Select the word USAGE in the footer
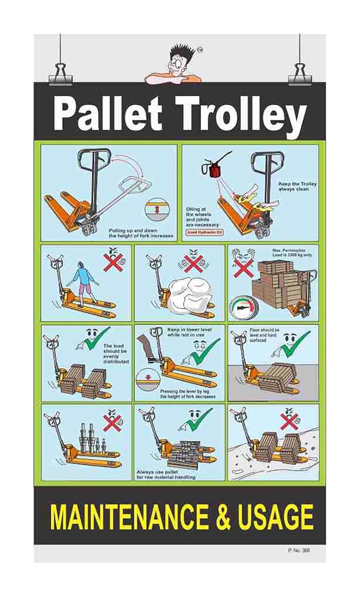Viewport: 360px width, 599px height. [276, 517]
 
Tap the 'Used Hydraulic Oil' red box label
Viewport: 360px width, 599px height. [205, 232]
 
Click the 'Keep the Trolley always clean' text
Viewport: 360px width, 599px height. [297, 186]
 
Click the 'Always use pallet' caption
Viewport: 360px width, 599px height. [166, 474]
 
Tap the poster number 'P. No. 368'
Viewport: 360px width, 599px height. [298, 550]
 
